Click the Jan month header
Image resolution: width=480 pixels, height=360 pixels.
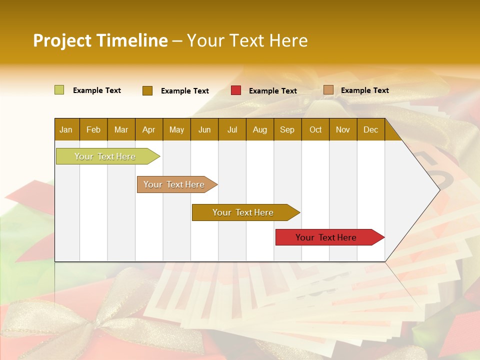click(x=66, y=129)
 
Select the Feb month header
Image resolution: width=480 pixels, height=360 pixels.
click(x=93, y=129)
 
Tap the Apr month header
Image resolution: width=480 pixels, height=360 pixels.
click(x=148, y=129)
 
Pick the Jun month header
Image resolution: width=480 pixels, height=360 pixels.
click(x=204, y=129)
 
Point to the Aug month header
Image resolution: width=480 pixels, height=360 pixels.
click(x=259, y=129)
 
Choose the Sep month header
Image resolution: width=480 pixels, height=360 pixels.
click(x=287, y=129)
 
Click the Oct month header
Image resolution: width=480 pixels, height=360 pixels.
click(x=315, y=129)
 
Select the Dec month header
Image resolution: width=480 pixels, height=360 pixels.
click(x=370, y=129)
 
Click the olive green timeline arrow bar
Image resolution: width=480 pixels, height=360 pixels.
click(x=105, y=156)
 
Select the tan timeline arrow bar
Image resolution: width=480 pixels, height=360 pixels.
click(x=174, y=184)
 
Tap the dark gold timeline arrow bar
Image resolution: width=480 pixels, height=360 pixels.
click(x=243, y=212)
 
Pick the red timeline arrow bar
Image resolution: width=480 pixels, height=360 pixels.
click(x=326, y=237)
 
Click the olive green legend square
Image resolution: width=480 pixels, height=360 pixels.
click(x=59, y=90)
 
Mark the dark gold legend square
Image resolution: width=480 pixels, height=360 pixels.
click(x=147, y=90)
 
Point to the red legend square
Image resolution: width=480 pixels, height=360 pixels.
click(x=236, y=90)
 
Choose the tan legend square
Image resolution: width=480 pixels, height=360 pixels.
click(x=328, y=90)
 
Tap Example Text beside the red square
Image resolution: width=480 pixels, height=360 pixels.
click(x=272, y=91)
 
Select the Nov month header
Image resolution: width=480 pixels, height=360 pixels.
click(x=342, y=129)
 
